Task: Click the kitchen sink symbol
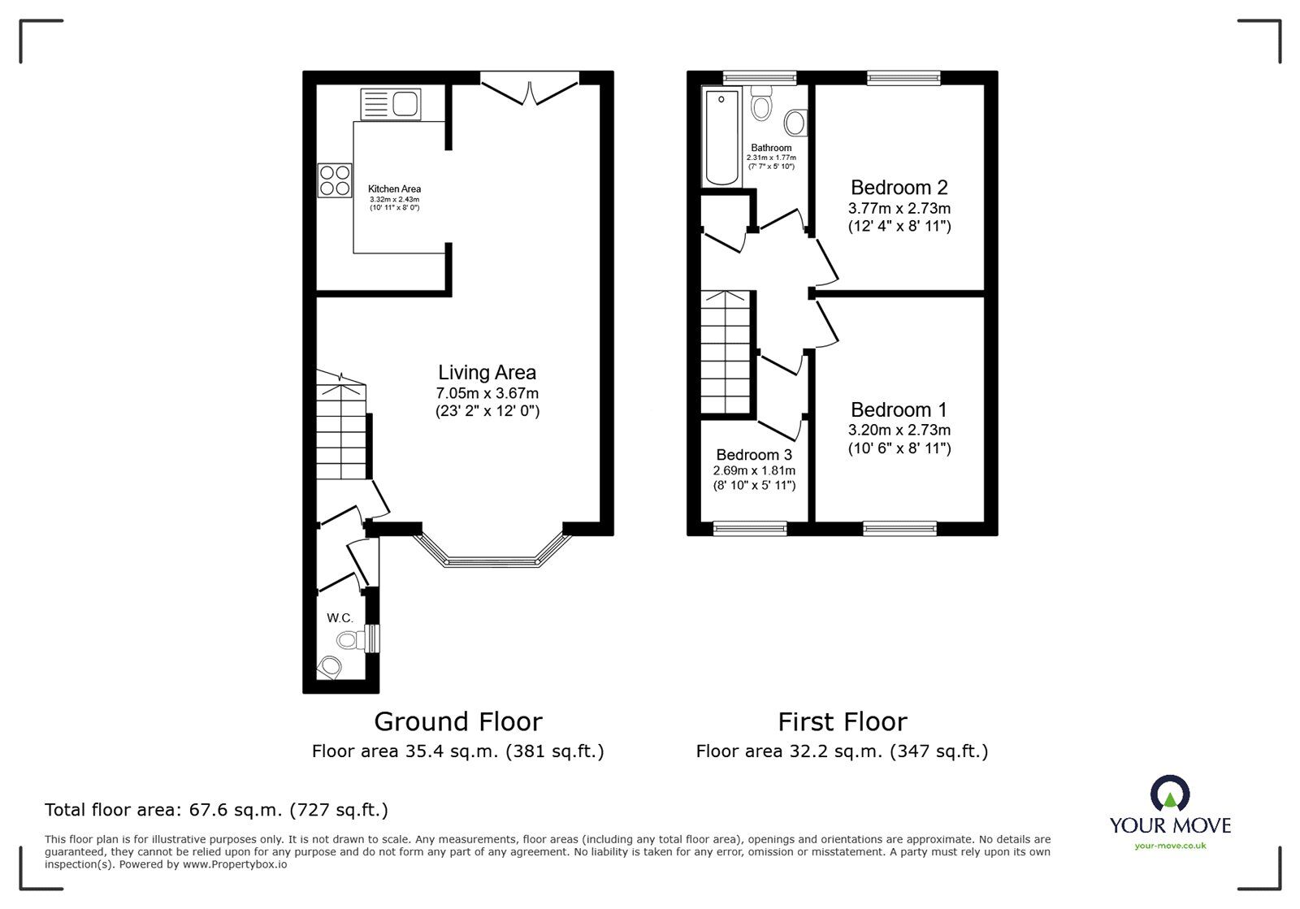pyautogui.click(x=390, y=104)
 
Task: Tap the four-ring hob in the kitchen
pyautogui.click(x=335, y=180)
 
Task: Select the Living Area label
pyautogui.click(x=487, y=373)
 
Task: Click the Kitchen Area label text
pyautogui.click(x=394, y=188)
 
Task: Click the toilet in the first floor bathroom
pyautogui.click(x=761, y=106)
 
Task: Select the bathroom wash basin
pyautogui.click(x=795, y=123)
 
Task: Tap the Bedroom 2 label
pyautogui.click(x=899, y=188)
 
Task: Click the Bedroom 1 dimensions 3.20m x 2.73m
pyautogui.click(x=899, y=431)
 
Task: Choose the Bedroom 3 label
pyautogui.click(x=753, y=455)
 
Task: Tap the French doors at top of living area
pyautogui.click(x=529, y=89)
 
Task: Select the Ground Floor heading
pyautogui.click(x=457, y=721)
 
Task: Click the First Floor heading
pyautogui.click(x=842, y=721)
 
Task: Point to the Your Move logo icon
pyautogui.click(x=1170, y=794)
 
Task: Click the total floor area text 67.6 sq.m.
pyautogui.click(x=216, y=810)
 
